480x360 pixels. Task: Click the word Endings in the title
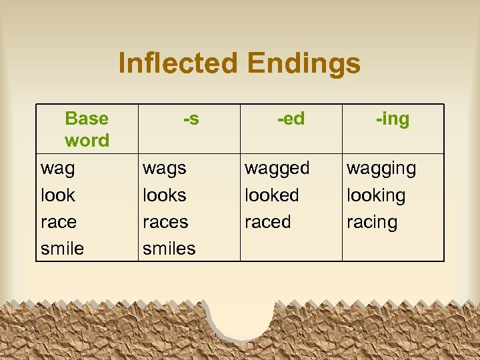303,64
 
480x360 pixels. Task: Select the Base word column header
87,129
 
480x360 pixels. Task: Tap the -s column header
191,119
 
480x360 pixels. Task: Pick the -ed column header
291,119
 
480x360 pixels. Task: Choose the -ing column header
393,119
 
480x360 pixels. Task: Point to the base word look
58,195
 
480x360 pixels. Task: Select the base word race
59,222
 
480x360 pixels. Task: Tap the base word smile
62,249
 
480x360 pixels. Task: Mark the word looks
165,195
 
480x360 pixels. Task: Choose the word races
165,222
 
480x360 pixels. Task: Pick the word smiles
169,249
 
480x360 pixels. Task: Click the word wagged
277,169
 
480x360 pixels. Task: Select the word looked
271,195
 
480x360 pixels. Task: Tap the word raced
267,222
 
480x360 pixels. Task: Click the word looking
375,196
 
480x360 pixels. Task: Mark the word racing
371,223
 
